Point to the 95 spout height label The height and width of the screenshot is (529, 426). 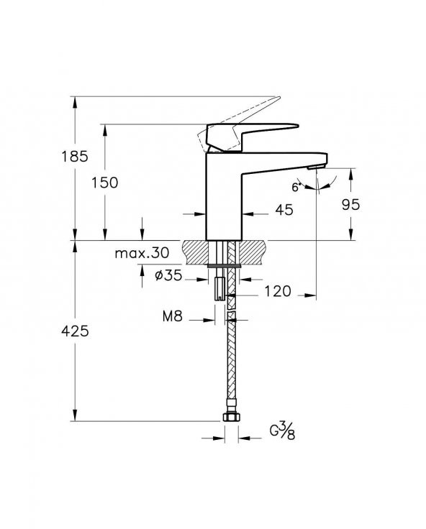click(x=350, y=204)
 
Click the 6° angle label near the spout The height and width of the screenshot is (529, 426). click(x=296, y=187)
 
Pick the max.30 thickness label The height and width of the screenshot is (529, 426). click(x=142, y=253)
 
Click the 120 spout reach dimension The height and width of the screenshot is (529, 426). click(x=277, y=291)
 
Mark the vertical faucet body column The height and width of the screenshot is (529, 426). click(x=222, y=194)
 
